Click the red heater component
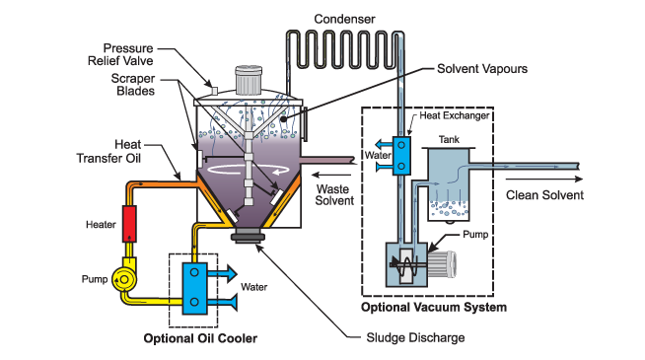tap(128, 224)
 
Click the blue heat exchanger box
tap(402, 156)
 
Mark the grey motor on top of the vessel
tap(248, 79)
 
